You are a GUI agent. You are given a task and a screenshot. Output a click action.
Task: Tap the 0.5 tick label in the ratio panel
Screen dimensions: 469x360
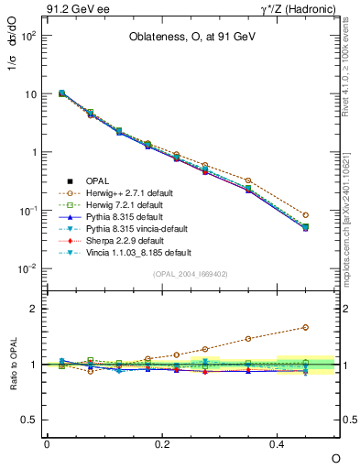click(28, 420)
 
